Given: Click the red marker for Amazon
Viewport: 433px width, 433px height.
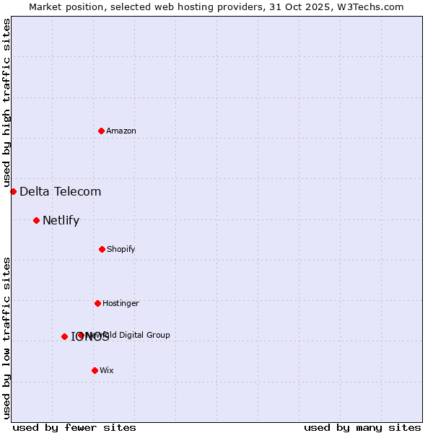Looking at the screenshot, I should (101, 131).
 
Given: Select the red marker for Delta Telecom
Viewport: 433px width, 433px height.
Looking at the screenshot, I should (13, 191).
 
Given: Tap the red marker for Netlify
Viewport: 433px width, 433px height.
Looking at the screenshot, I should (36, 220).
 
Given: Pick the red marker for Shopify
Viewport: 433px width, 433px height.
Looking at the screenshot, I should (102, 249).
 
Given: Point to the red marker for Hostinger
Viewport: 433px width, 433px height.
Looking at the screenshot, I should (97, 303).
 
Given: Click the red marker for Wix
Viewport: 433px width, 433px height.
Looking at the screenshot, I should (95, 370).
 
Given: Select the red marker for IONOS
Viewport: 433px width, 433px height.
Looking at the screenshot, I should (64, 336).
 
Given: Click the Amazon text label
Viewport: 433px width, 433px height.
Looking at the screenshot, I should (121, 131).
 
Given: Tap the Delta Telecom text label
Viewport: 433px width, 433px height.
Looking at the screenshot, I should (61, 191).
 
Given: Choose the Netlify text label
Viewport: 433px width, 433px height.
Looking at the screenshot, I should (61, 220).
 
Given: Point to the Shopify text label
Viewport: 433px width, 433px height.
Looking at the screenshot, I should (121, 249).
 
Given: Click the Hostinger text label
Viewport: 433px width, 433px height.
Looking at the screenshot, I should (121, 303).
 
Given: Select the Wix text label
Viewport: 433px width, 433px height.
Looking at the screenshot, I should (107, 370).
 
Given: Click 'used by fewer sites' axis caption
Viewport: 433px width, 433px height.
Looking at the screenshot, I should (74, 427).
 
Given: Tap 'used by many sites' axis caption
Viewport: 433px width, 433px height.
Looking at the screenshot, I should (362, 427).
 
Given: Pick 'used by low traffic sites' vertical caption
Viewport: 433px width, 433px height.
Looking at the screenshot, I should (7, 337).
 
